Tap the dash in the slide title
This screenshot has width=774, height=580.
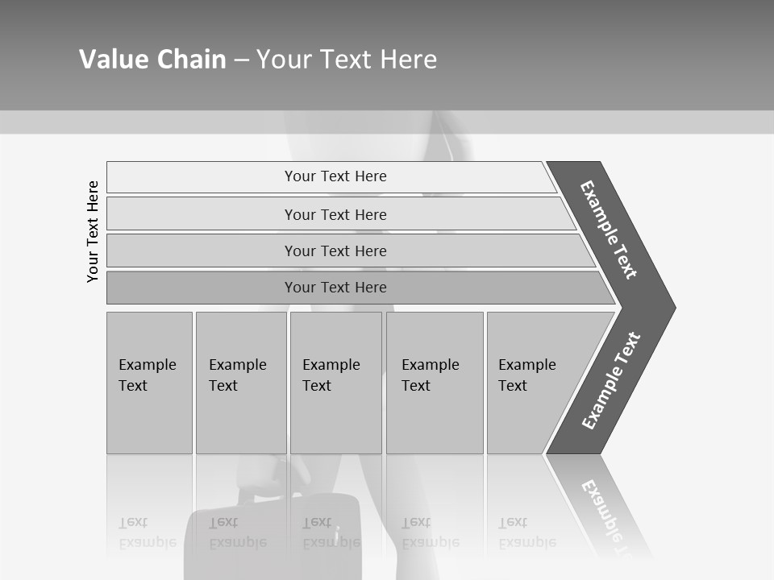(x=241, y=60)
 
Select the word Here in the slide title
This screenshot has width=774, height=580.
(x=407, y=59)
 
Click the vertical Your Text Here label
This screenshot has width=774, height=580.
(x=93, y=231)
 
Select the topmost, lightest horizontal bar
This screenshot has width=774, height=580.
(x=335, y=176)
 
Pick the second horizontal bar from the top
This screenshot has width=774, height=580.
(x=335, y=214)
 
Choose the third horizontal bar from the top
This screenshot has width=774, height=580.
(x=335, y=251)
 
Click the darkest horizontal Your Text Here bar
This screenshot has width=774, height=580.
(x=335, y=288)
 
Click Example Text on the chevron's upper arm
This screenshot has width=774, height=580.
(x=609, y=230)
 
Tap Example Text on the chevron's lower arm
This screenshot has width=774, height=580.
(x=610, y=381)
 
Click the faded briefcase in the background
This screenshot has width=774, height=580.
(x=274, y=536)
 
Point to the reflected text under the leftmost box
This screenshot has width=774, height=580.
(x=148, y=533)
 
